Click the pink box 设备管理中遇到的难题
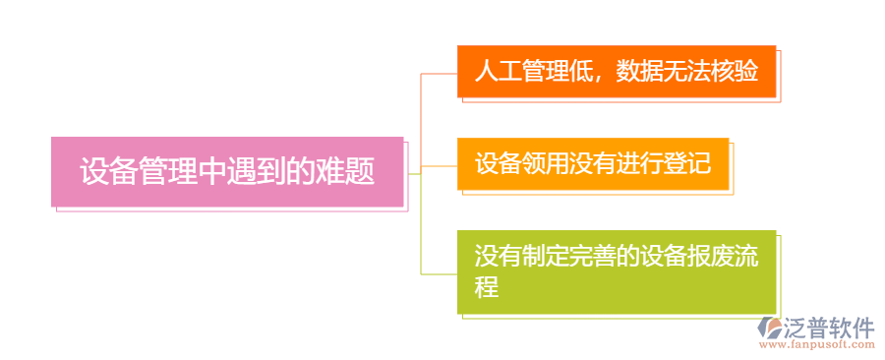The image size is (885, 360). [x=227, y=172]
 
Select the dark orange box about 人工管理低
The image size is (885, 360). [x=617, y=72]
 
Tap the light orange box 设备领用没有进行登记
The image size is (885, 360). [x=593, y=163]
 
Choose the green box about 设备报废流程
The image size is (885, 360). [x=617, y=271]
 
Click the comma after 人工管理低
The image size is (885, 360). [x=601, y=77]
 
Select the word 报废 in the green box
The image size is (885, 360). [x=687, y=257]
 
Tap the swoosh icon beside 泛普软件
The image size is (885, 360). [x=769, y=330]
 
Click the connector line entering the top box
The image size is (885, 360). [x=439, y=73]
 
